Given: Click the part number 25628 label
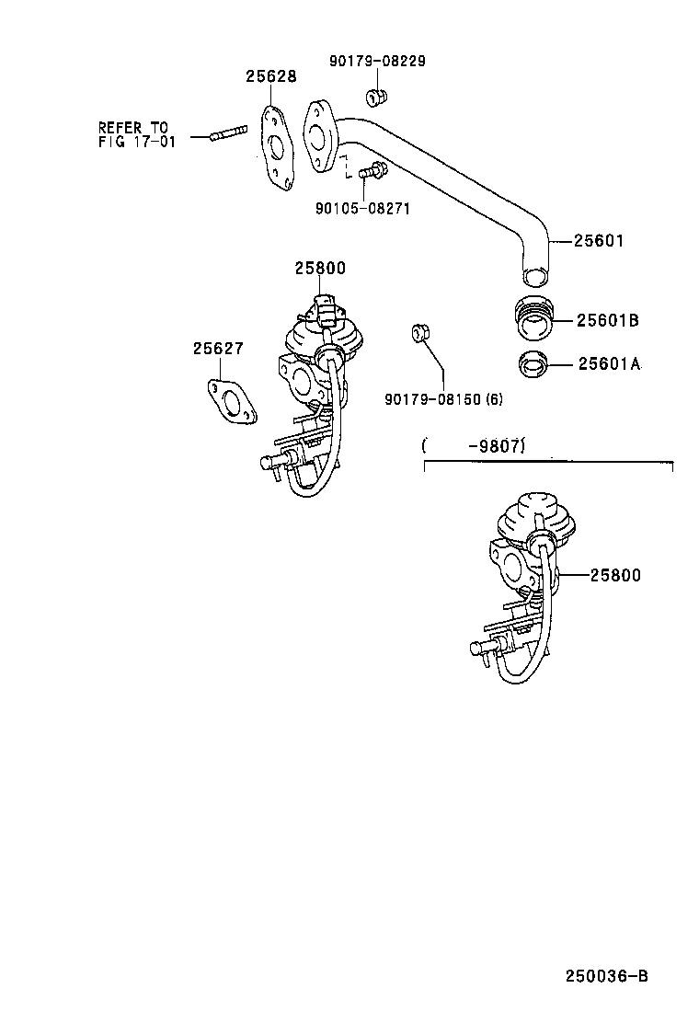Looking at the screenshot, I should tap(270, 77).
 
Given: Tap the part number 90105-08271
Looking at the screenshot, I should tap(361, 209).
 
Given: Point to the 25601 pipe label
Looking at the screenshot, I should tap(599, 241).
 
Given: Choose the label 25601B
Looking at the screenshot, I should tap(607, 320).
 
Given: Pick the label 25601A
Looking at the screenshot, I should tap(607, 363).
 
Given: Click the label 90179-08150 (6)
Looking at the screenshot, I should tap(443, 398).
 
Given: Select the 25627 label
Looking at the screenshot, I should tap(218, 349).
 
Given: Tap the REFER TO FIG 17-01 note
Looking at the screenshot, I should tap(133, 134).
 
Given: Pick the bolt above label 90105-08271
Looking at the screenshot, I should tap(372, 170).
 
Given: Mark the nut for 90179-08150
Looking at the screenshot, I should tap(418, 332).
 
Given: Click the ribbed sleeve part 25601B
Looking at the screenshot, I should tap(533, 317).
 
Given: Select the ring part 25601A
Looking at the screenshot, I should tap(533, 364).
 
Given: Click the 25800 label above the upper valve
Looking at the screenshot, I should tap(319, 269).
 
